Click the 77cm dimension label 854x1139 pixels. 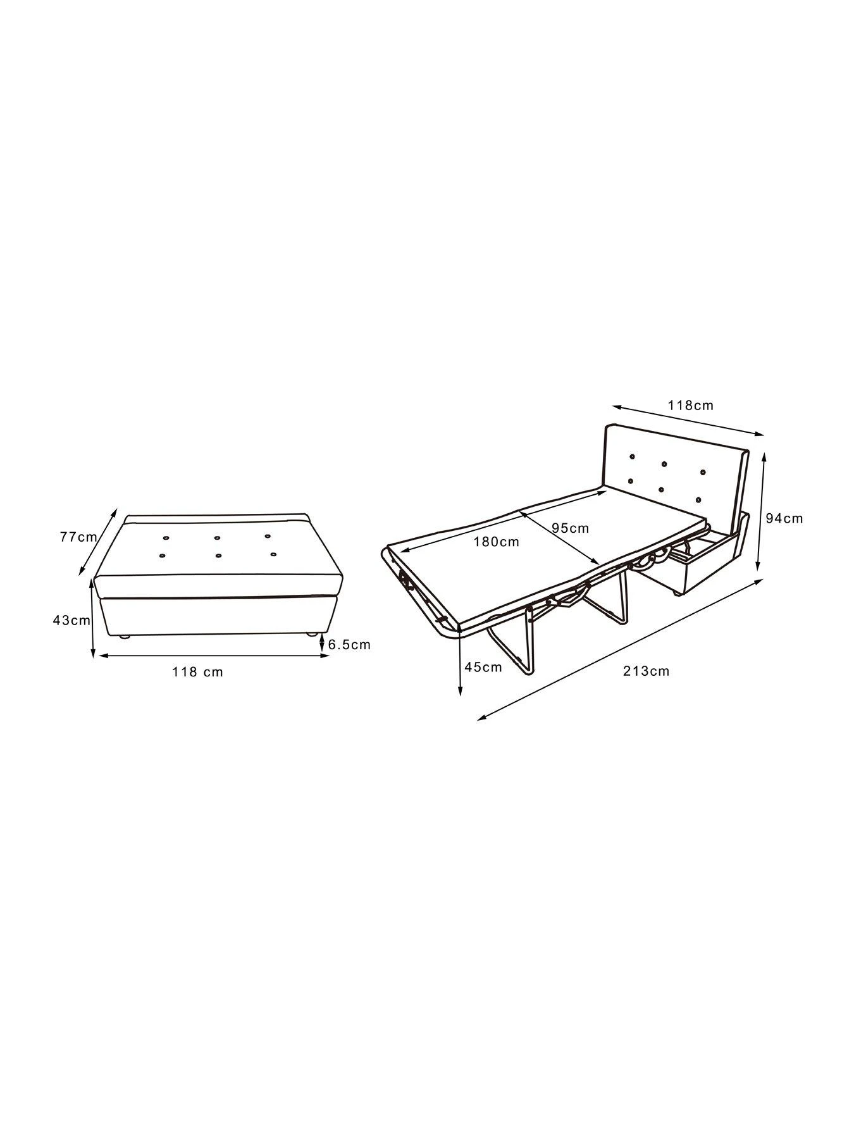[78, 537]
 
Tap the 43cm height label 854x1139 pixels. [71, 620]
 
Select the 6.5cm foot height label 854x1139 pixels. [349, 645]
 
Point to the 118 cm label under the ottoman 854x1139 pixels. [197, 671]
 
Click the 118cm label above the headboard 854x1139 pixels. [691, 405]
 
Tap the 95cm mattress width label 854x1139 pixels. [570, 528]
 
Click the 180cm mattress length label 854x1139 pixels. [496, 542]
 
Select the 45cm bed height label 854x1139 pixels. [483, 666]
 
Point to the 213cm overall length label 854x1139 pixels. [646, 671]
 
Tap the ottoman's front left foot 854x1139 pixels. [125, 637]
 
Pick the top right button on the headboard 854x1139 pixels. [702, 472]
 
